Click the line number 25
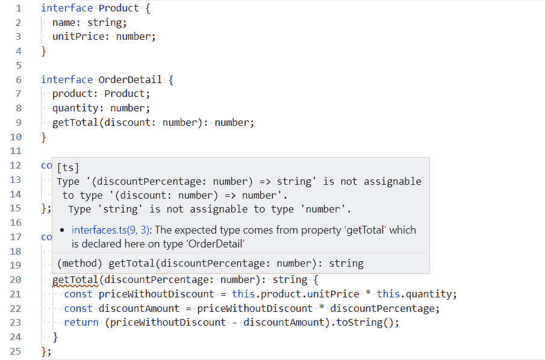point(15,351)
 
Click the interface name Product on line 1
point(118,8)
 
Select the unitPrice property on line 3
point(81,37)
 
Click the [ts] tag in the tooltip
point(68,168)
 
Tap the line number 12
point(15,166)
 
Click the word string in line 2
point(107,23)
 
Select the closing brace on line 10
point(43,137)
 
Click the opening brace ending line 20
point(315,280)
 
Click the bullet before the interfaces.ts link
point(63,230)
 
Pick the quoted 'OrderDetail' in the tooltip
point(216,244)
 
